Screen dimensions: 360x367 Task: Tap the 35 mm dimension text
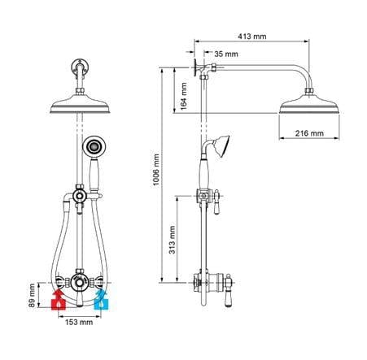225,54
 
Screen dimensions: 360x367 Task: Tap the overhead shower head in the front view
80,105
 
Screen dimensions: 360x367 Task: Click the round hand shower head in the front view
93,147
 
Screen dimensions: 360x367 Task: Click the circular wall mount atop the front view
80,65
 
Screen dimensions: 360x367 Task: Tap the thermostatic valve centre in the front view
80,282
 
